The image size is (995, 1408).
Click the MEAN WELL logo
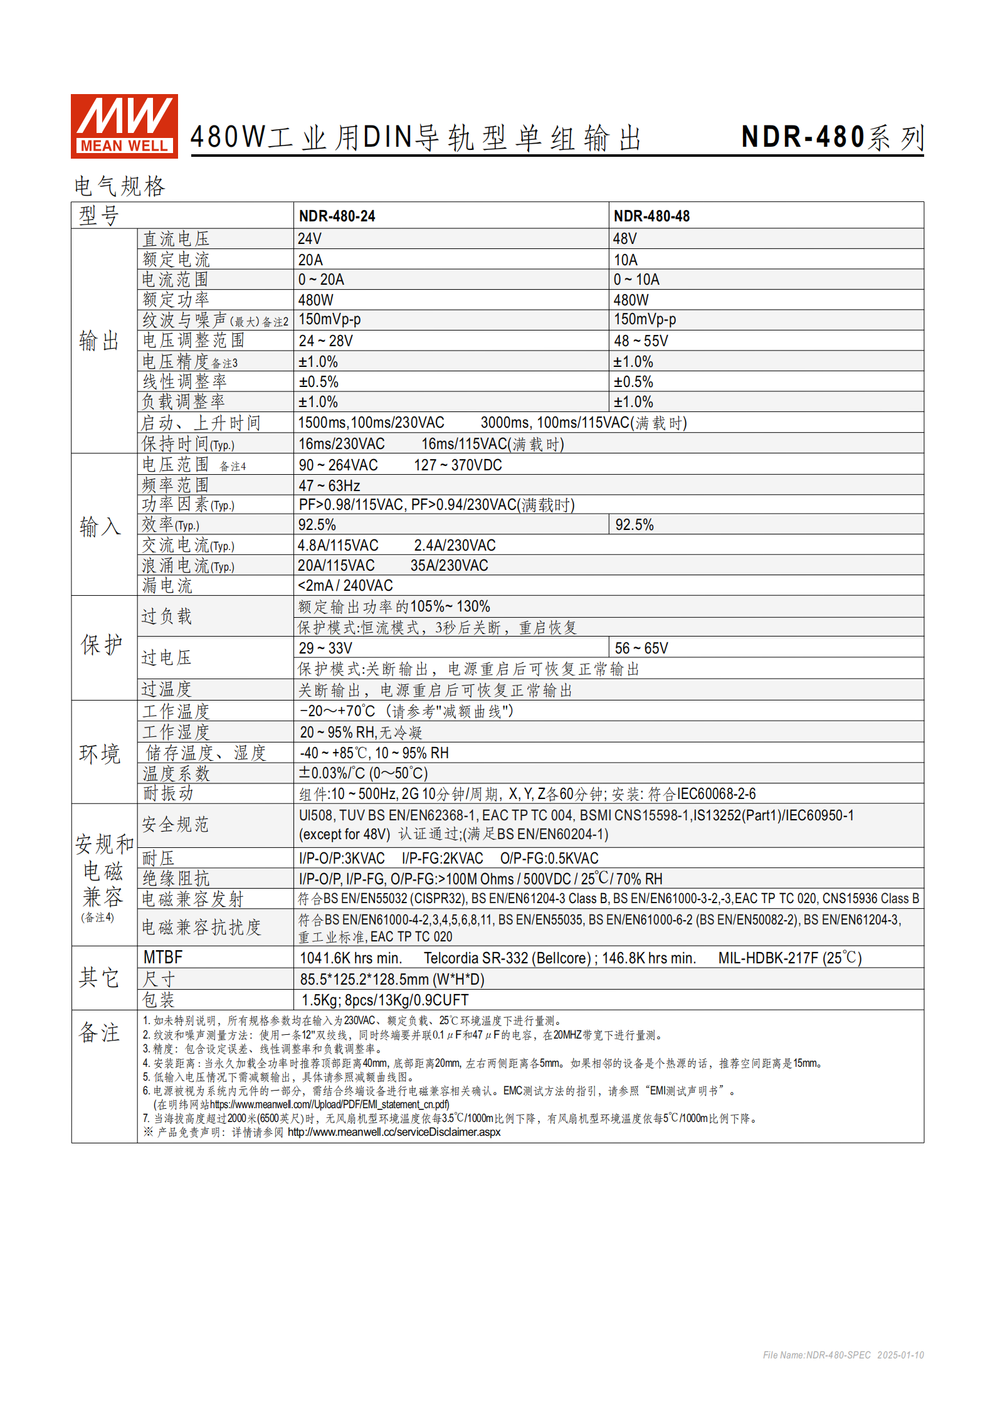[124, 125]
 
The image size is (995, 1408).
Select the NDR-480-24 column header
[337, 216]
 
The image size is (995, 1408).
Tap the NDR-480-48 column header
[651, 216]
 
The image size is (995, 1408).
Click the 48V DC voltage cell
[624, 239]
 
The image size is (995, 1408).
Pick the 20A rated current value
[310, 260]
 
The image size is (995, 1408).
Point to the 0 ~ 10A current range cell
[636, 280]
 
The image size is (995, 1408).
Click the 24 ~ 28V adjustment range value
[325, 341]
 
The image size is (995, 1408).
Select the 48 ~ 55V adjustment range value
[641, 341]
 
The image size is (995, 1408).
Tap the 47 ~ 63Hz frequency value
[329, 486]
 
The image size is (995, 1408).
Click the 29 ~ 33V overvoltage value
[325, 648]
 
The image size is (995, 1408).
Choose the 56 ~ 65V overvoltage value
[641, 648]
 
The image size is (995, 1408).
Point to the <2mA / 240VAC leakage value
[345, 586]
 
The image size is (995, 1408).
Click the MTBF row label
[163, 958]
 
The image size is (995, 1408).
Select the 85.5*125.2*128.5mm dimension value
[392, 980]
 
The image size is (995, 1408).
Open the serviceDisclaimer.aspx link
[394, 1132]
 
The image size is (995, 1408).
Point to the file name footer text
[843, 1355]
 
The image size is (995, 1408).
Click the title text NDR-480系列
[832, 137]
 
